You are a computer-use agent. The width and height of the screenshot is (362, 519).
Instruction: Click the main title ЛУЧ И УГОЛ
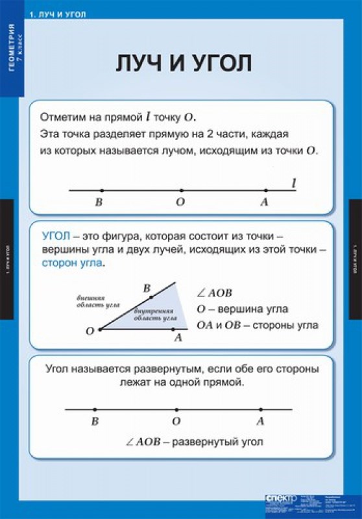tap(181, 64)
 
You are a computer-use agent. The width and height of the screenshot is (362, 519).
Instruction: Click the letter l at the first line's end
tap(294, 184)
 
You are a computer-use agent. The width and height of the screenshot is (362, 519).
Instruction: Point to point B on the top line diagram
tap(102, 190)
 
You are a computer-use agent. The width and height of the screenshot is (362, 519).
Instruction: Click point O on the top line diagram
tap(181, 190)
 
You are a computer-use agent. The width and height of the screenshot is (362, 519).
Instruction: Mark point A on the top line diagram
tap(265, 190)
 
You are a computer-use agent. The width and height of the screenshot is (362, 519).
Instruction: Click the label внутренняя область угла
tap(156, 315)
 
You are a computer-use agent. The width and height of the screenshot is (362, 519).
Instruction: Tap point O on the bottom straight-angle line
tap(176, 409)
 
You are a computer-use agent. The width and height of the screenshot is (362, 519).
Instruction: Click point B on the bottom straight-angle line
tap(95, 409)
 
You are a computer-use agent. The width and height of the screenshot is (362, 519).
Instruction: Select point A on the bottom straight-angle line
tap(261, 409)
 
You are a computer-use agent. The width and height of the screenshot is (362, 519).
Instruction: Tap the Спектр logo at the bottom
tap(281, 498)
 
